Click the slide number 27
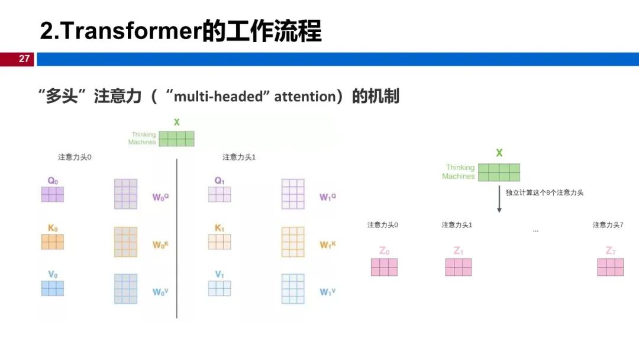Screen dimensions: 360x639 coord(24,59)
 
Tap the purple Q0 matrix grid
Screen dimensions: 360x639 coord(53,194)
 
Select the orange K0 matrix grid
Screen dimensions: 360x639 coord(53,242)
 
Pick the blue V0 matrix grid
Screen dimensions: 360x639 coord(53,288)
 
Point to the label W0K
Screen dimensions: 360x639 coord(160,244)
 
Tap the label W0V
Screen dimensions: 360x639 coord(160,292)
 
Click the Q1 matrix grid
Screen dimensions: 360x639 coord(220,194)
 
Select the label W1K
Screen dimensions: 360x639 coord(327,244)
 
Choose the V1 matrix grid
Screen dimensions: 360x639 coord(220,288)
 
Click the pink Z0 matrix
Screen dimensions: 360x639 coord(384,267)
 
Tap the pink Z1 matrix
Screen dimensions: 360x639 coord(459,267)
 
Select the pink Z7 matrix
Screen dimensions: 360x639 coord(611,267)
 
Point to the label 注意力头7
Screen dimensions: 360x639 coord(608,225)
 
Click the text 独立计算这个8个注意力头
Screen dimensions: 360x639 coord(544,192)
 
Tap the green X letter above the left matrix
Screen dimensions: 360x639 coord(176,123)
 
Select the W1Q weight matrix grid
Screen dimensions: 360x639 coord(293,194)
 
